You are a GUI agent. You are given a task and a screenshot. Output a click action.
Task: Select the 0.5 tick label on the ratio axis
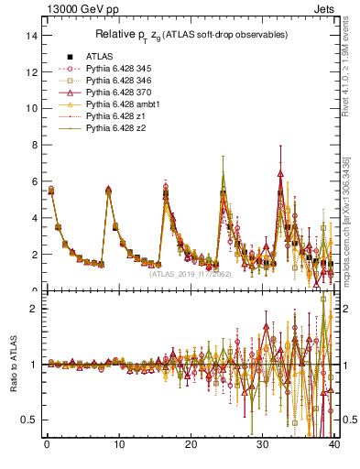pos(29,420)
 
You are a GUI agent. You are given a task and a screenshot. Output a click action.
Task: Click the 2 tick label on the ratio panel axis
pos(33,309)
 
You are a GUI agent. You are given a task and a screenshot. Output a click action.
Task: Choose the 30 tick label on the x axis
pos(263,446)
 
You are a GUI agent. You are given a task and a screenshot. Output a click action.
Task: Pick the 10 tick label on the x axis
pos(118,446)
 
